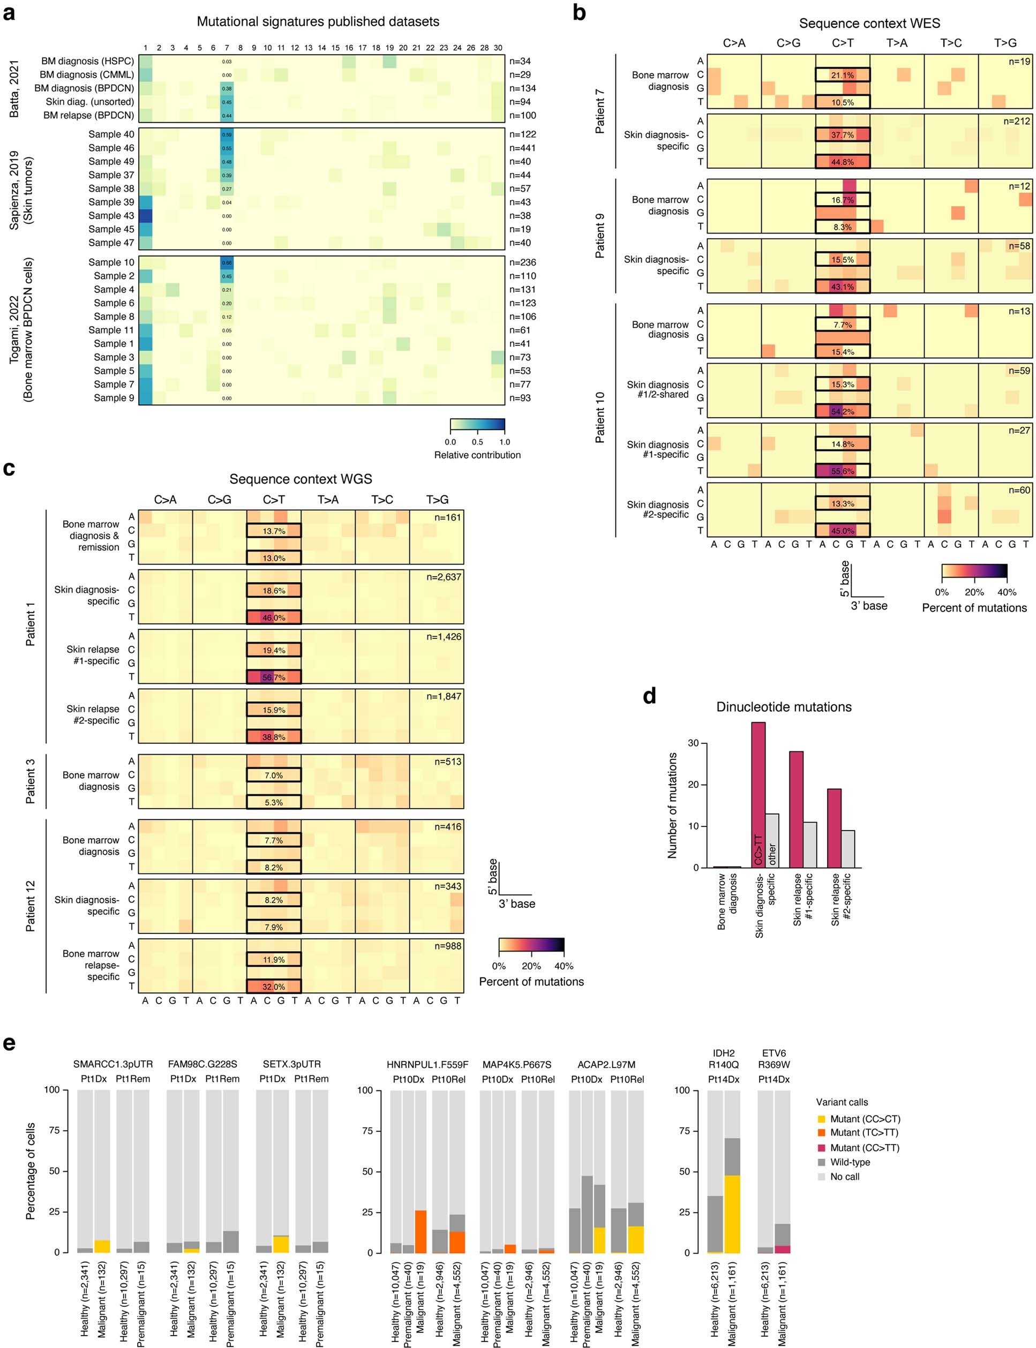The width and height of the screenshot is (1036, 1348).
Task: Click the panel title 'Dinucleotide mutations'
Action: tap(784, 707)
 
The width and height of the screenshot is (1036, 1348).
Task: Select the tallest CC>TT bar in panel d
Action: tap(759, 795)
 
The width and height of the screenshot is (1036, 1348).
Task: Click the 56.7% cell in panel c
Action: tap(274, 677)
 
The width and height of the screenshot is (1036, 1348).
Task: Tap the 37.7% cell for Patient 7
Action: tap(843, 134)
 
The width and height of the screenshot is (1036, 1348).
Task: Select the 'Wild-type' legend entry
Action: tap(850, 1162)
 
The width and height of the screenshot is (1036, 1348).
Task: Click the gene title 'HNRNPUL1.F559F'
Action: tap(427, 1065)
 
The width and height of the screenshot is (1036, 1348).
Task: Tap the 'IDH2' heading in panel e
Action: tap(723, 1053)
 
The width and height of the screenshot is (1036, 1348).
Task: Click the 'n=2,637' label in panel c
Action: tap(444, 577)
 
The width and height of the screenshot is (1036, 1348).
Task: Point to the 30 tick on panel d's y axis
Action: tap(694, 743)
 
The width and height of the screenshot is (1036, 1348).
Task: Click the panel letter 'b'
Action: tap(579, 12)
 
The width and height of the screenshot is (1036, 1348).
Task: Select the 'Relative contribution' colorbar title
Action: tap(477, 455)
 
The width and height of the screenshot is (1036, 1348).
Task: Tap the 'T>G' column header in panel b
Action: tap(1005, 42)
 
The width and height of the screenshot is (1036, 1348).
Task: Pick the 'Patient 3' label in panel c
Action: tap(30, 781)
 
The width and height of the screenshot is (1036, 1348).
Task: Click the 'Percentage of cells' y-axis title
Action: tap(30, 1171)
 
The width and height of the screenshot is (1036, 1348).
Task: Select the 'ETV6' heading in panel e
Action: tap(774, 1053)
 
